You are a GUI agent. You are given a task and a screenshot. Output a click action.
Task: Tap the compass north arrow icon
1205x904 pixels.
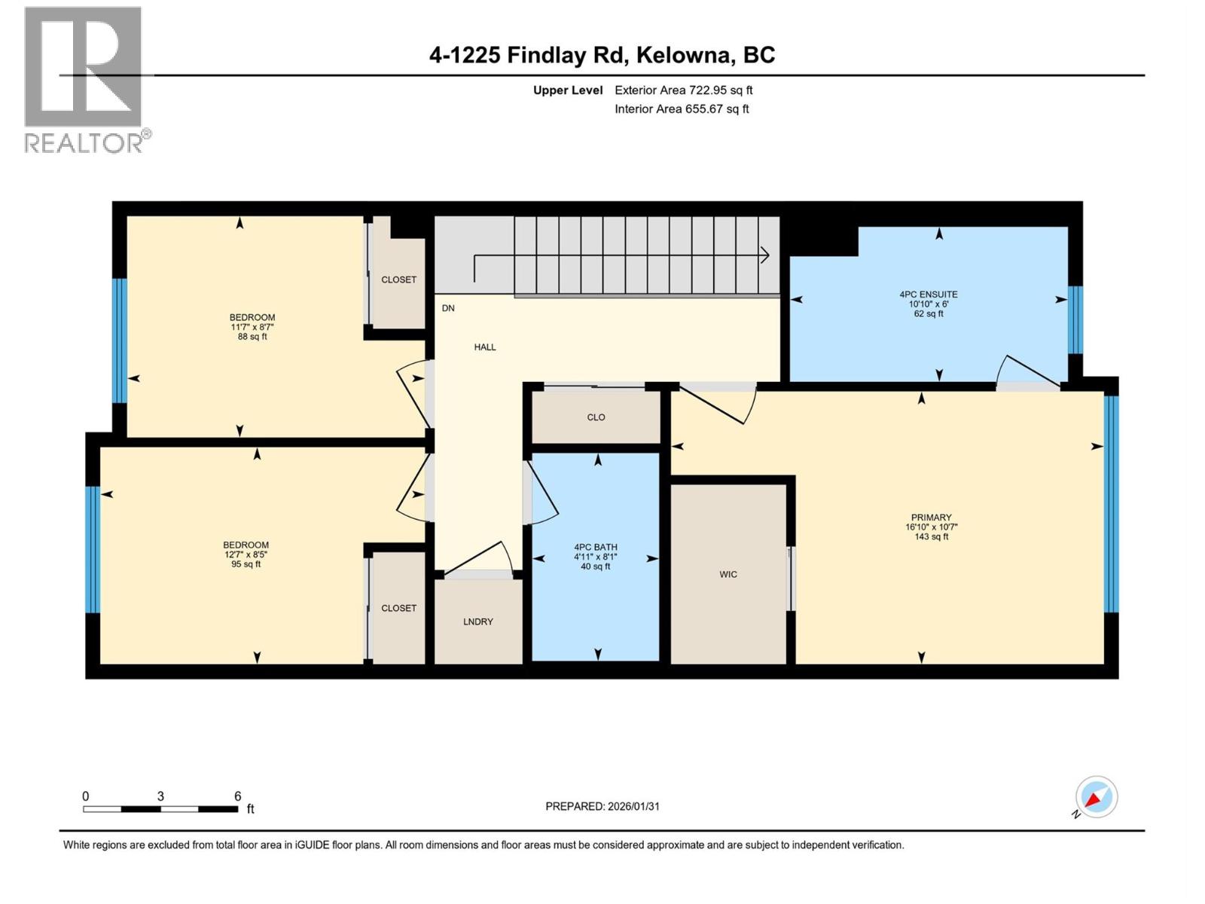[x=1096, y=797]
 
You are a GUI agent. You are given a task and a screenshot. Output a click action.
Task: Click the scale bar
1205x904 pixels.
[x=160, y=809]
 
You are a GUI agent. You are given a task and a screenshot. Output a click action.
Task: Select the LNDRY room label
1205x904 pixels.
[x=478, y=621]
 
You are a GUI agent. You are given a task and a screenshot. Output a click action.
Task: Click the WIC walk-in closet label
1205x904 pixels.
[x=728, y=574]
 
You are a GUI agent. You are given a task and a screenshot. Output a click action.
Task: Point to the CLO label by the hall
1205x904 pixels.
[x=596, y=417]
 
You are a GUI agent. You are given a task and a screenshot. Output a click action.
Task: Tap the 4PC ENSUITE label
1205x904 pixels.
[x=929, y=295]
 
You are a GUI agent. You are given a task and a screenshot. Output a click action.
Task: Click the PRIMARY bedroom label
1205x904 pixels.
[x=932, y=518]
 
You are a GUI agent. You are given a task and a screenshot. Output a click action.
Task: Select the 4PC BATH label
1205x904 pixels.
[x=595, y=548]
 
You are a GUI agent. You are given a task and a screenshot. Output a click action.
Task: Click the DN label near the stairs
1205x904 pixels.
[x=448, y=308]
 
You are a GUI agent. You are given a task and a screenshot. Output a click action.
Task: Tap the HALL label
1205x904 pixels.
[x=485, y=347]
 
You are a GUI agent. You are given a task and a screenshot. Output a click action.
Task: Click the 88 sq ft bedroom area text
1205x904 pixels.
[x=252, y=337]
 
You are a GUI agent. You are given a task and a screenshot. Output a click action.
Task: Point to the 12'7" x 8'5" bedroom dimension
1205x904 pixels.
[x=246, y=554]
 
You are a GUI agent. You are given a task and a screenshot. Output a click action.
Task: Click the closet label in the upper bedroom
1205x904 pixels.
[x=398, y=279]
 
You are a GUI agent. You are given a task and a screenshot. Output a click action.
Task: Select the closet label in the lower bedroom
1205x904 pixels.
[x=398, y=608]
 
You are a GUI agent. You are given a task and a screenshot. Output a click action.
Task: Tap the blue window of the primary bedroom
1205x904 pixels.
[x=1112, y=503]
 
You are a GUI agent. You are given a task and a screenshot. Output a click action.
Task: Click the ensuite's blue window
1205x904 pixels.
[x=1075, y=320]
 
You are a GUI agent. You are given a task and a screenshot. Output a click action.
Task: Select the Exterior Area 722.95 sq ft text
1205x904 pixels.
[x=683, y=90]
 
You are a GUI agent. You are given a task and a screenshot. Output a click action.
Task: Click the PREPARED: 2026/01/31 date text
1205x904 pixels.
[x=602, y=806]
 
